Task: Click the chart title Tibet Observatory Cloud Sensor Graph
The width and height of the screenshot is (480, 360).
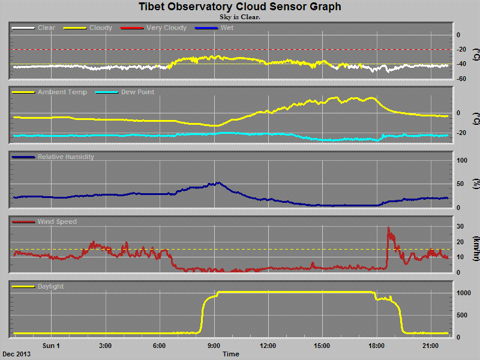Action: click(239, 7)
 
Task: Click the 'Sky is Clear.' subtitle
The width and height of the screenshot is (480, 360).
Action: click(239, 17)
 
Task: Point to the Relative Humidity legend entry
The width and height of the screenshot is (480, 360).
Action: click(66, 157)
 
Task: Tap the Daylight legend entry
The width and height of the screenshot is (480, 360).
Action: click(50, 286)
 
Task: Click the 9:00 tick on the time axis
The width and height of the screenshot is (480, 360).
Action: click(214, 346)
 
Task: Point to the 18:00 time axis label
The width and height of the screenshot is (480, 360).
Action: click(376, 346)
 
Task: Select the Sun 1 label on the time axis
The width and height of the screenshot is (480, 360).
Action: click(51, 346)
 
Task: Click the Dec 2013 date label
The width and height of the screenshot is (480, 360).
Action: click(16, 354)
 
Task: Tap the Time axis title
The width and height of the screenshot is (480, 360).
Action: click(231, 354)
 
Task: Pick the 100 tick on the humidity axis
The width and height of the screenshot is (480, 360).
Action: click(462, 161)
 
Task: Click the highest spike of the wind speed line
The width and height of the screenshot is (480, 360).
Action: click(389, 227)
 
